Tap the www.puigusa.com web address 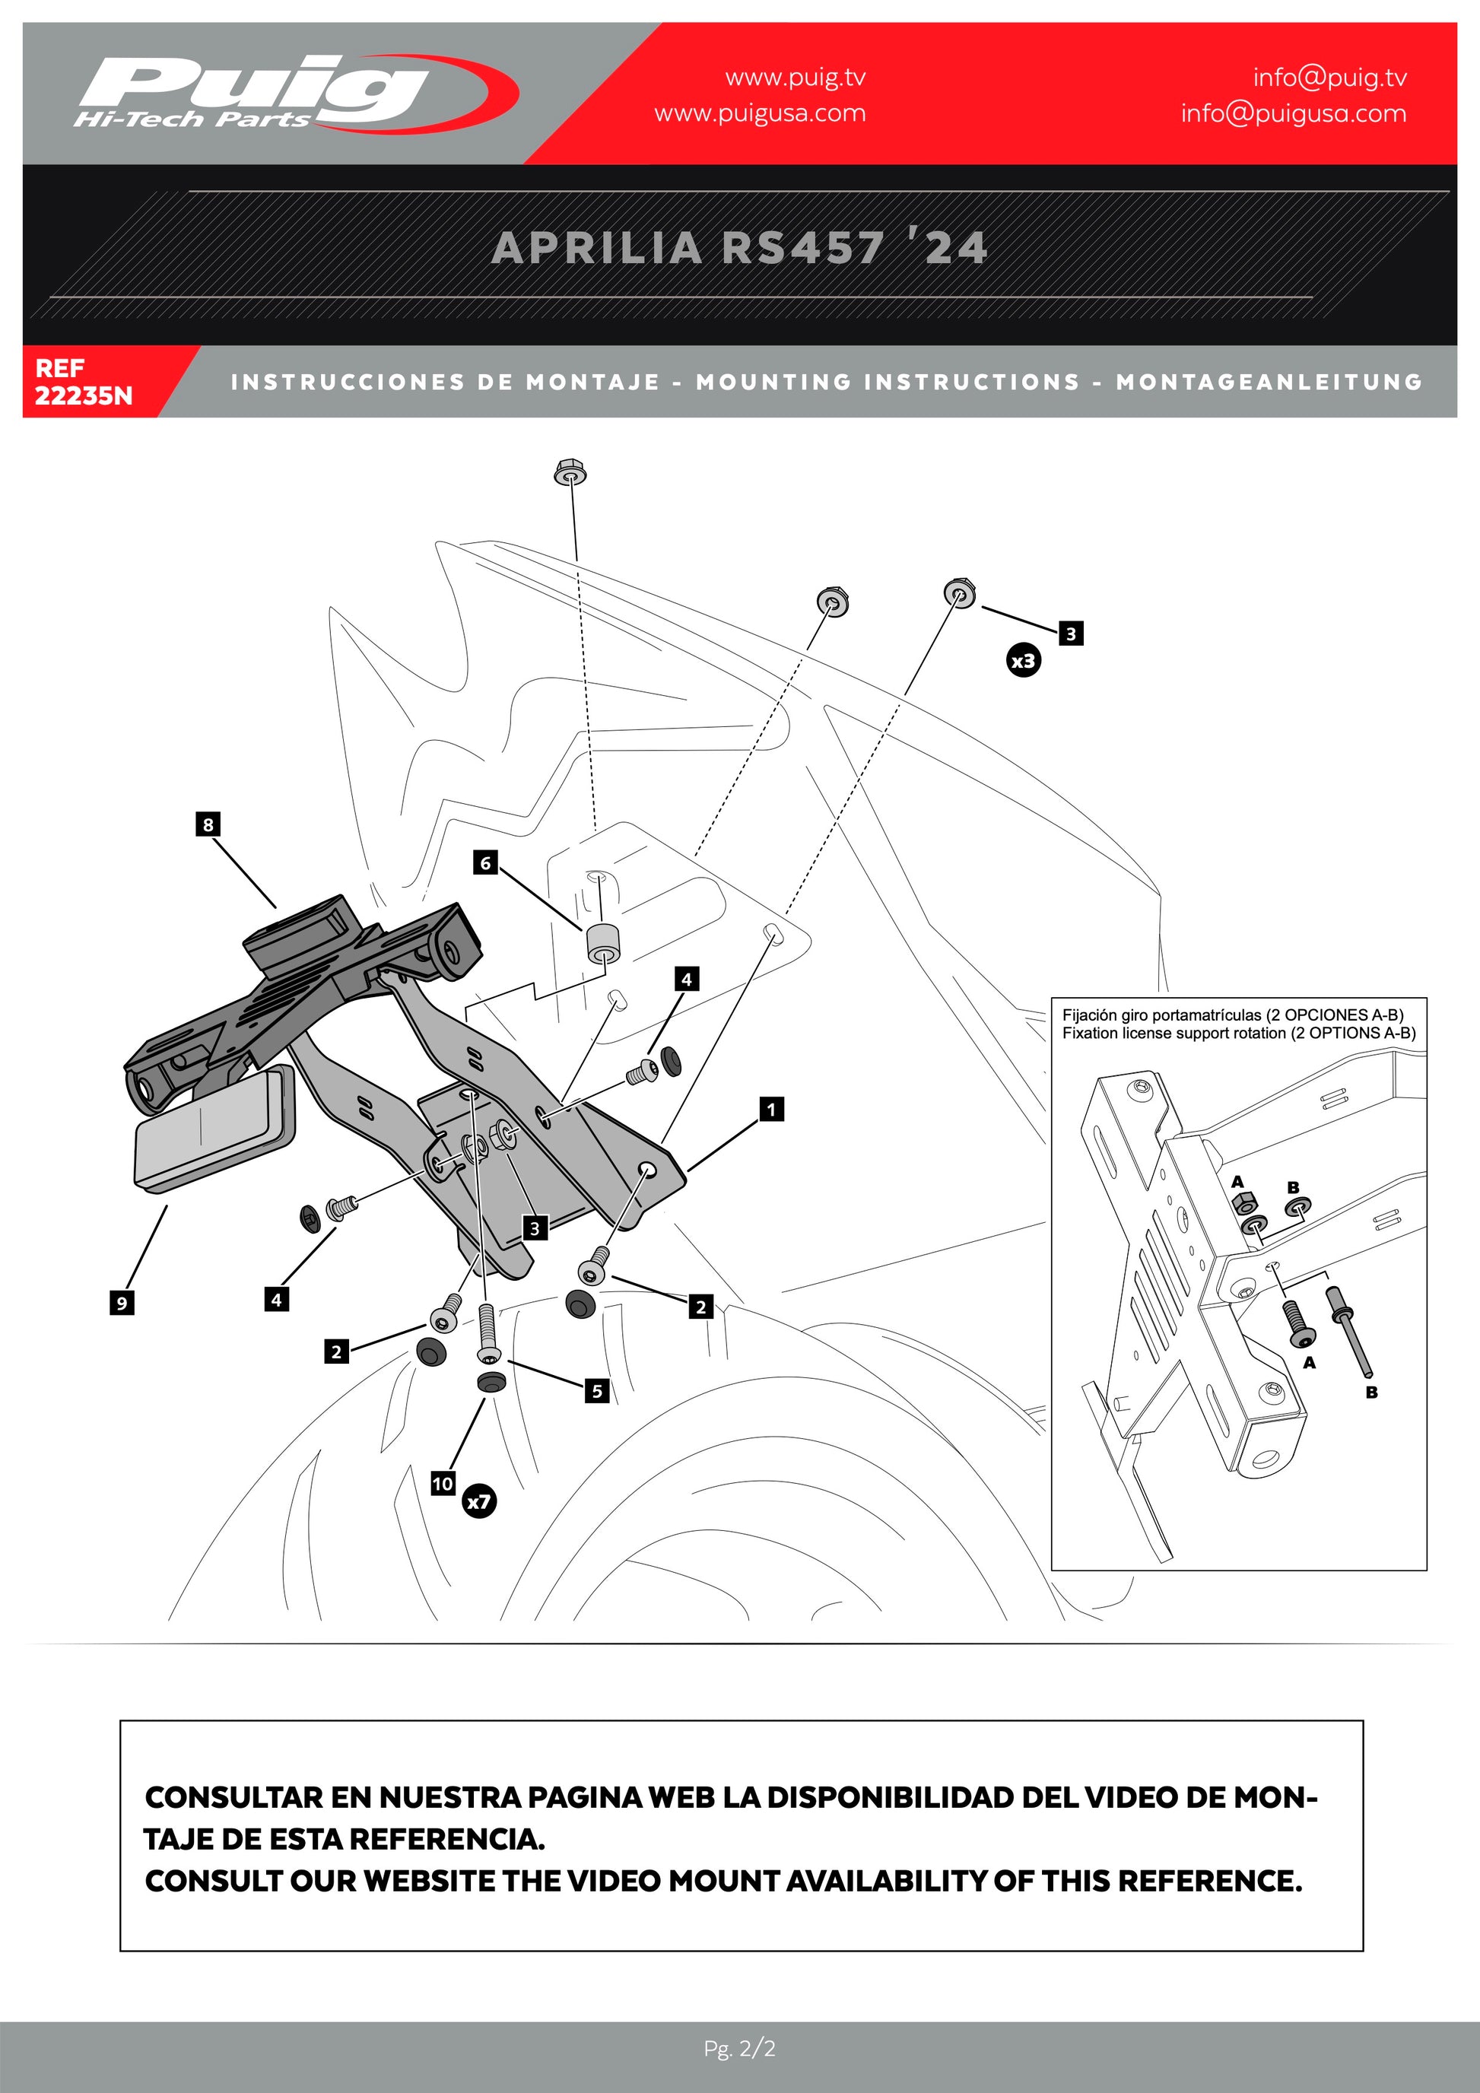tap(759, 113)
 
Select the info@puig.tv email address tap(1329, 78)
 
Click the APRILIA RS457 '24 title tap(739, 248)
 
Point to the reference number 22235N tap(83, 395)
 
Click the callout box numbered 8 tap(208, 824)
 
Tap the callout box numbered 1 tap(771, 1109)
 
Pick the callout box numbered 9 tap(121, 1303)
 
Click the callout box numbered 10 tap(443, 1483)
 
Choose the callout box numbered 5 tap(597, 1390)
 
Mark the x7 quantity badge tap(479, 1501)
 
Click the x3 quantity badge tap(1024, 660)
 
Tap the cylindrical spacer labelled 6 tap(601, 942)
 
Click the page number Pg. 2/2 tap(739, 2049)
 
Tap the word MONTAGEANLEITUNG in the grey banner tap(1269, 382)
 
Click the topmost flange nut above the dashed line tap(570, 473)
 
